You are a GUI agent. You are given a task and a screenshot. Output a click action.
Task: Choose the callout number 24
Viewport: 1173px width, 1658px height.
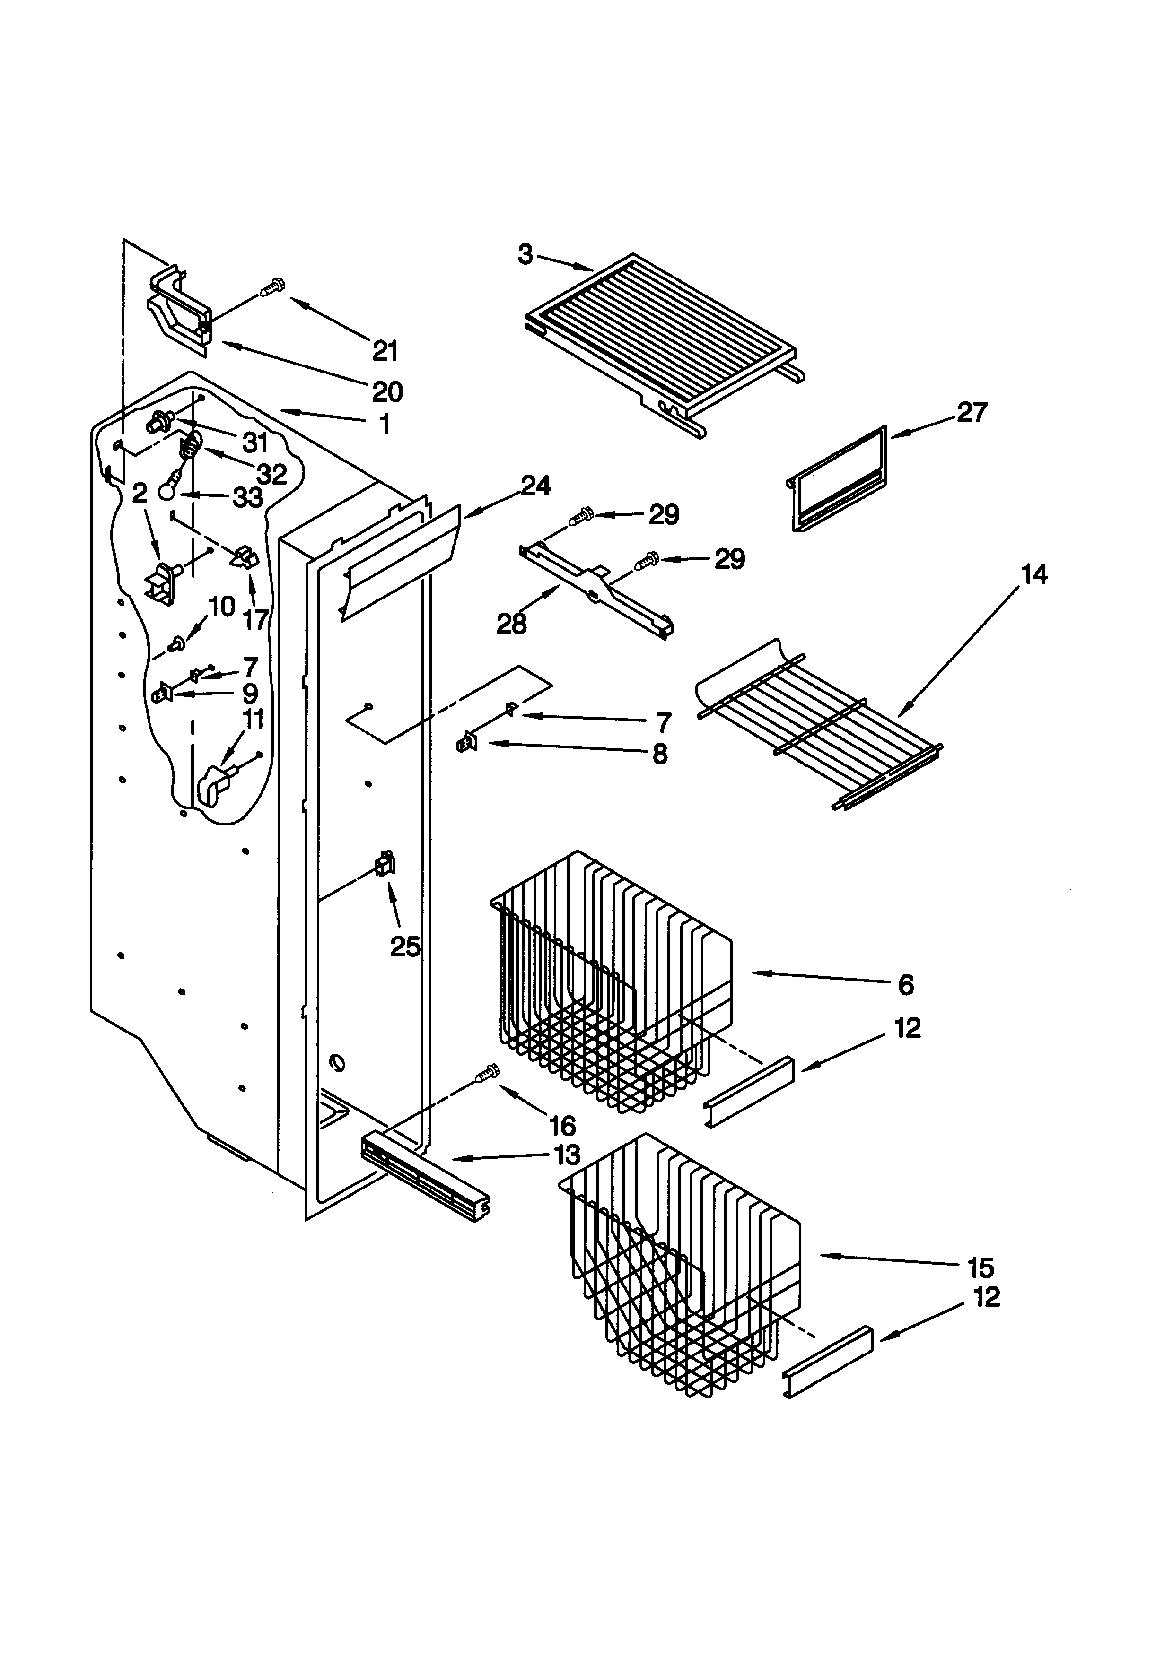535,486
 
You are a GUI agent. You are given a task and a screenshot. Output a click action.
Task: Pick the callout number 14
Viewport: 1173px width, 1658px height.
1033,575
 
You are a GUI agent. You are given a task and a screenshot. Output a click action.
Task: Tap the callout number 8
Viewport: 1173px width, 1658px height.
659,754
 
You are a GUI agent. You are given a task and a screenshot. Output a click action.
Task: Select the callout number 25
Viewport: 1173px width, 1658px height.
405,946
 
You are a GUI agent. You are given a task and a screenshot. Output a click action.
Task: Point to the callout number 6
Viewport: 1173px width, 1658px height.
906,984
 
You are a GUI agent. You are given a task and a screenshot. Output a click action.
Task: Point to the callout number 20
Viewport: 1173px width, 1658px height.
387,392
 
